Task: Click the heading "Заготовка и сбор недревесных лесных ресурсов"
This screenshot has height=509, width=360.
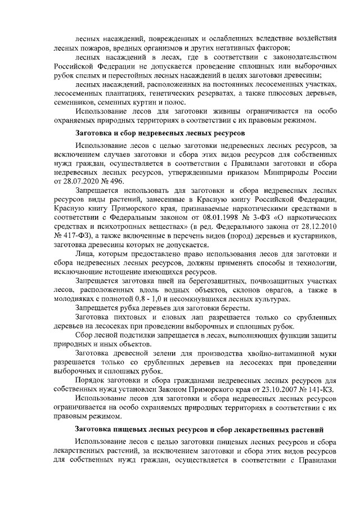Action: pos(160,133)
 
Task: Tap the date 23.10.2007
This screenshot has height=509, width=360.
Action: pos(267,389)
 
